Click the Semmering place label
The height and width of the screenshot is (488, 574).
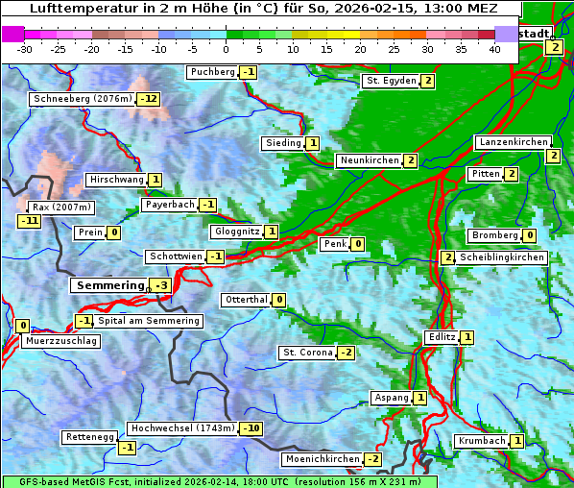(x=108, y=285)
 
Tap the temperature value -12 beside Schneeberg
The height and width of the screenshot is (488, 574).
(x=149, y=99)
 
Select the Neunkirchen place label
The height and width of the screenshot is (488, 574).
(x=368, y=160)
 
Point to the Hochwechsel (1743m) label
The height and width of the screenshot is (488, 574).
(x=181, y=427)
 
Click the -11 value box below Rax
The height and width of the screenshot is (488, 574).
(x=30, y=221)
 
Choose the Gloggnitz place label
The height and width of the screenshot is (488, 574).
(x=235, y=232)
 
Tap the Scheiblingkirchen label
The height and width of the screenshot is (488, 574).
(x=501, y=257)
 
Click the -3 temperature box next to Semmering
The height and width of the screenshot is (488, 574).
(x=160, y=285)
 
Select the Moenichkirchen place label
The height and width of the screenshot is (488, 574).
(x=322, y=459)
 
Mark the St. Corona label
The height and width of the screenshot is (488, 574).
(x=306, y=353)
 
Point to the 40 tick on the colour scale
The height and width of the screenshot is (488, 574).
(x=494, y=49)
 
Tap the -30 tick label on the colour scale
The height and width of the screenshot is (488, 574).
(x=24, y=49)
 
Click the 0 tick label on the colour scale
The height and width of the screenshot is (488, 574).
(x=226, y=49)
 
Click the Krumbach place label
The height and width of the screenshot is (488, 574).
(x=481, y=441)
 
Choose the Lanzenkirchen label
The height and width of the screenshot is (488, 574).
(x=514, y=142)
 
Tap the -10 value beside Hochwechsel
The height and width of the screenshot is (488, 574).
(x=251, y=427)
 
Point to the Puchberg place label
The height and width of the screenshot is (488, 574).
(x=212, y=72)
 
